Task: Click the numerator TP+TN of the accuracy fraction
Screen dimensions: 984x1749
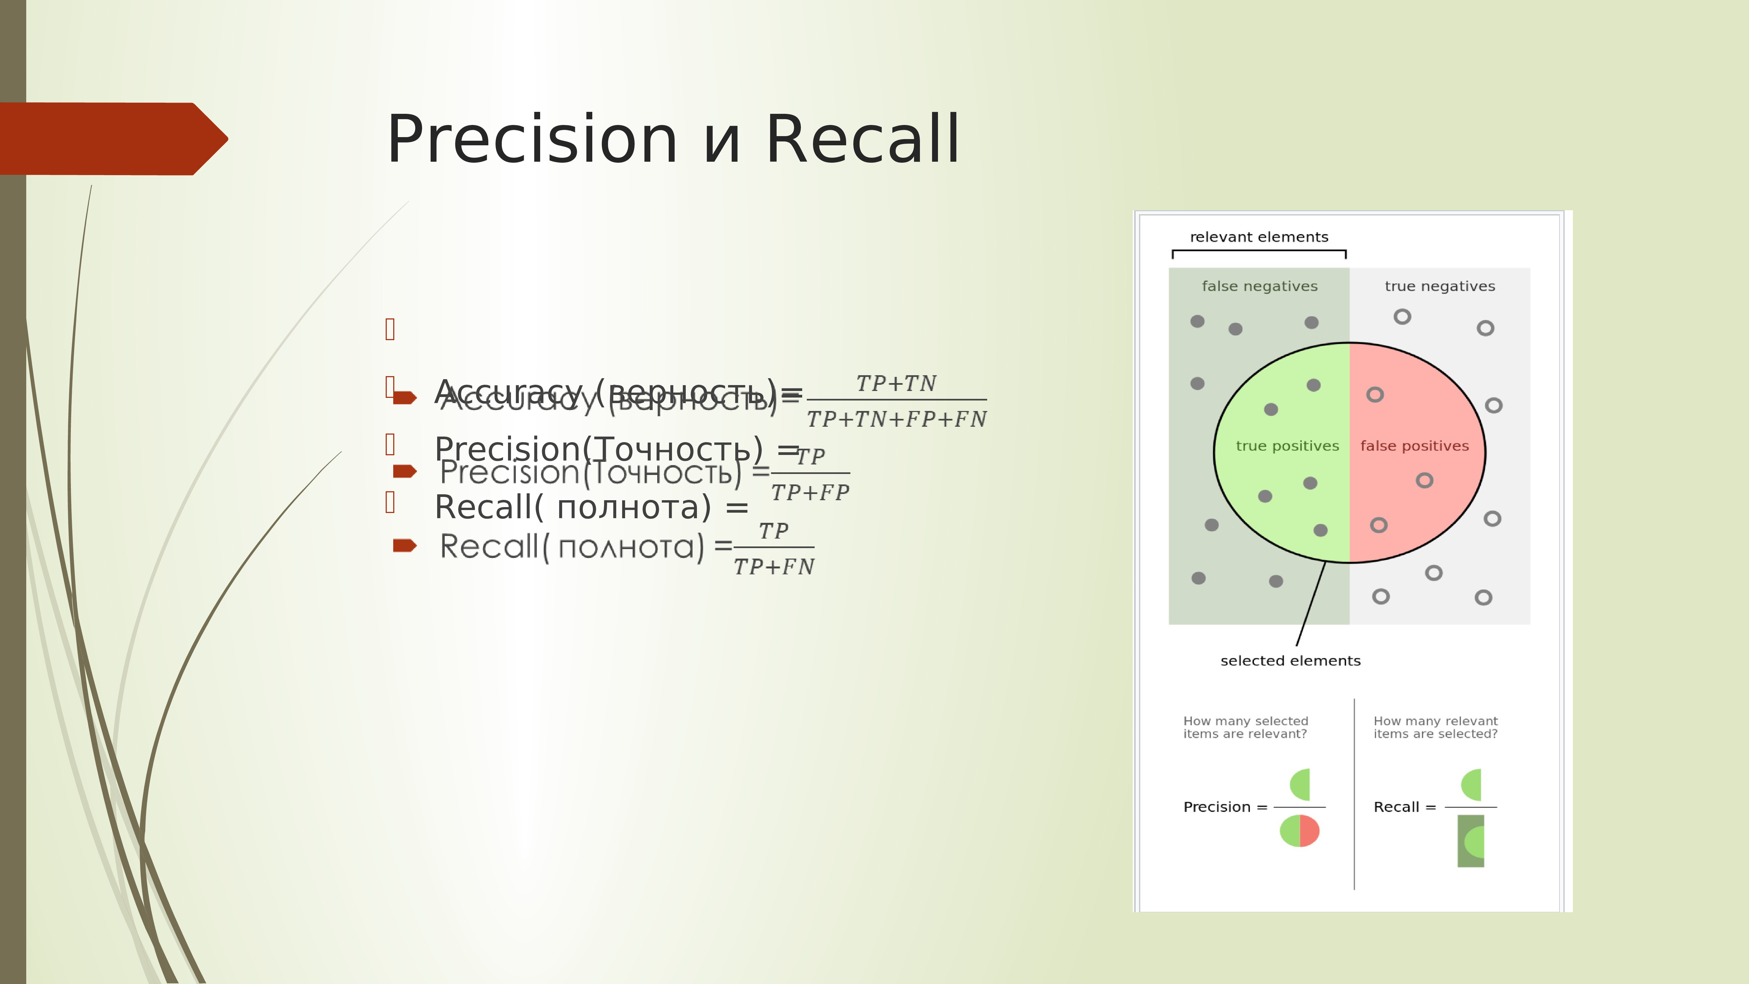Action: pyautogui.click(x=896, y=384)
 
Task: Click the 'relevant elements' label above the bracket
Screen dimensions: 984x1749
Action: pyautogui.click(x=1259, y=237)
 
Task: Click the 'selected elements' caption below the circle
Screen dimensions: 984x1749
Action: pyautogui.click(x=1290, y=661)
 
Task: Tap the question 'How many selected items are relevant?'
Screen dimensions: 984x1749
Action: pyautogui.click(x=1245, y=727)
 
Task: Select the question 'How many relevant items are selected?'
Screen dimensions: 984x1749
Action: pyautogui.click(x=1435, y=727)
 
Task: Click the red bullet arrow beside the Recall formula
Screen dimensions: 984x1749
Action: pyautogui.click(x=405, y=545)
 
